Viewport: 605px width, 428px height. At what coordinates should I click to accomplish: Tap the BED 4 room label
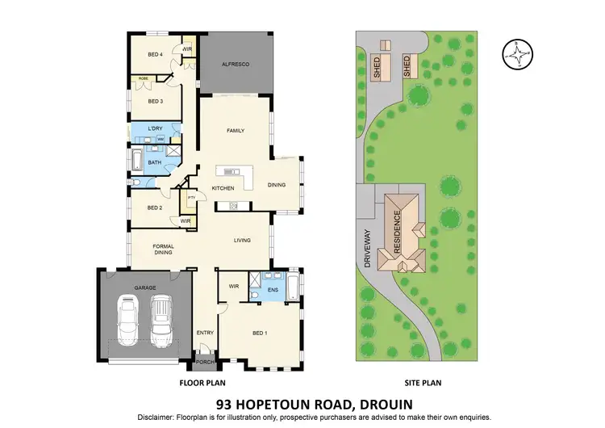pyautogui.click(x=155, y=55)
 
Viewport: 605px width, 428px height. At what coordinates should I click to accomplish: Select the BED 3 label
pyautogui.click(x=155, y=102)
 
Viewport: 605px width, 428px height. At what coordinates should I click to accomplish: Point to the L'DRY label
pyautogui.click(x=155, y=130)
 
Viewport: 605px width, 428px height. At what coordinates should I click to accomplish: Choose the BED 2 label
pyautogui.click(x=155, y=208)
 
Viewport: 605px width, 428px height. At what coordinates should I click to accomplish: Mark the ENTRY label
pyautogui.click(x=205, y=332)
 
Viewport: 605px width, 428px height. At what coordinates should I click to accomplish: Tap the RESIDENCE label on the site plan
pyautogui.click(x=396, y=229)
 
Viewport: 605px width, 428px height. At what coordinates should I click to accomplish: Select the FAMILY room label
pyautogui.click(x=235, y=131)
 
